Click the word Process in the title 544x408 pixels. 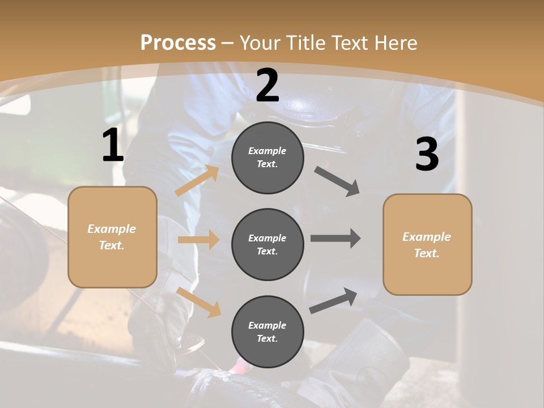[178, 42]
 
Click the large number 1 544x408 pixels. [113, 146]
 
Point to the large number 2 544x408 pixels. [267, 86]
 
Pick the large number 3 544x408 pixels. [427, 154]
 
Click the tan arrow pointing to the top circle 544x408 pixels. [197, 181]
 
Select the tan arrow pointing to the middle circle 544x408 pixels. [198, 240]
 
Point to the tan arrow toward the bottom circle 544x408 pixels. [199, 301]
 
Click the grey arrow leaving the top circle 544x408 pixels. [337, 181]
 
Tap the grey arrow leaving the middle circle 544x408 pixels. [335, 238]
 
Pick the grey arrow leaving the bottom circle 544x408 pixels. [333, 300]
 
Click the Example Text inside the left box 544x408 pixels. [112, 237]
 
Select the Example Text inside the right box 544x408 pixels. [427, 245]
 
